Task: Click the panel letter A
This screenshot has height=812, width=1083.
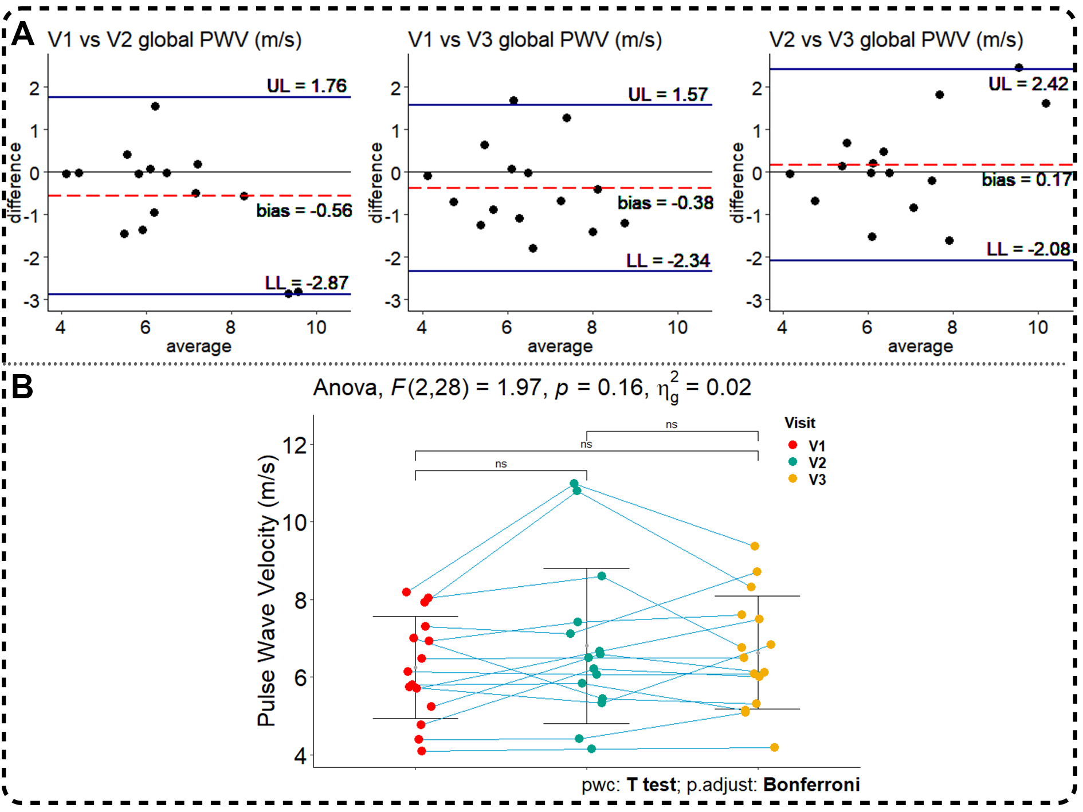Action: tap(22, 34)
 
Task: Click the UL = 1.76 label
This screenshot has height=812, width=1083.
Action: tap(307, 86)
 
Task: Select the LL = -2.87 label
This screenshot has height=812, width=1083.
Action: tap(307, 283)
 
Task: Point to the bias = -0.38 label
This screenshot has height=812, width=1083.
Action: tap(665, 203)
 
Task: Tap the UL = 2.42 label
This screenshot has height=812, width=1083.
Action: tap(1028, 84)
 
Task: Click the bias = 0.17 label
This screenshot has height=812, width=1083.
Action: tap(1026, 180)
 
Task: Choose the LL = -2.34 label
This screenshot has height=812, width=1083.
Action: tap(668, 261)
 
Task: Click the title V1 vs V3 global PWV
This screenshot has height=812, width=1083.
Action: tap(535, 40)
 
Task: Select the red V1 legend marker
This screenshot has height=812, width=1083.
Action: tap(793, 445)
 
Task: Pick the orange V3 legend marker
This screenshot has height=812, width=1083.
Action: tap(793, 478)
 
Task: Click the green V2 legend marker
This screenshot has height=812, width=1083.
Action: tap(793, 462)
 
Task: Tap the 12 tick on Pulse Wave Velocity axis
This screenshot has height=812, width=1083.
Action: tap(295, 445)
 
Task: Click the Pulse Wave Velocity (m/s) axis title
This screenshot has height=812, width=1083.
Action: tap(267, 590)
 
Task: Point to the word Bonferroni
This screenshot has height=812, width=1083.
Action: tap(811, 784)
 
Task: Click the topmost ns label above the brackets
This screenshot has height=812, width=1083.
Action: tap(672, 425)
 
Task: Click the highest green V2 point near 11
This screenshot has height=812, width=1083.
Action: tap(574, 484)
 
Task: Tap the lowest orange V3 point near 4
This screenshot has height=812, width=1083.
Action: tap(774, 747)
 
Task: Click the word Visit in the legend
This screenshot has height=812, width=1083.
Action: tap(800, 423)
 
